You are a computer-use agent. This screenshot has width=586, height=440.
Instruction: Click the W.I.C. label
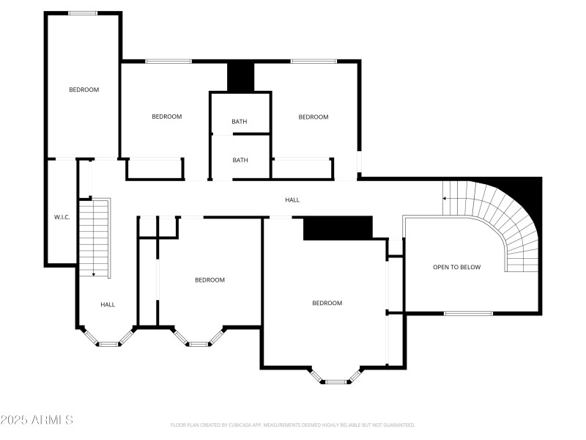pyautogui.click(x=62, y=217)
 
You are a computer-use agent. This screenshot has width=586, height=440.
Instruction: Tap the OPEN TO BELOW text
pyautogui.click(x=456, y=267)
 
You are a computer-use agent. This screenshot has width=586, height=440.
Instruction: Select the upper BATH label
pyautogui.click(x=240, y=122)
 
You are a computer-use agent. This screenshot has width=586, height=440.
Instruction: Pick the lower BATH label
pyautogui.click(x=240, y=160)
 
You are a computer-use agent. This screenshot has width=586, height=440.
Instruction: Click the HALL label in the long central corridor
pyautogui.click(x=292, y=200)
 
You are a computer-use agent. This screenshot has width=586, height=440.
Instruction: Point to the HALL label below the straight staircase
pyautogui.click(x=108, y=304)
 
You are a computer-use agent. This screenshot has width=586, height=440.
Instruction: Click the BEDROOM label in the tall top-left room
pyautogui.click(x=84, y=89)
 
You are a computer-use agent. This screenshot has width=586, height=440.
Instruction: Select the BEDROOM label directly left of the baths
pyautogui.click(x=166, y=117)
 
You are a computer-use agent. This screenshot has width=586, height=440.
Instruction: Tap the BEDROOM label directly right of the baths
pyautogui.click(x=313, y=117)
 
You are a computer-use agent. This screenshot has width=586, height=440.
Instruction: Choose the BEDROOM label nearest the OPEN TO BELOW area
pyautogui.click(x=327, y=303)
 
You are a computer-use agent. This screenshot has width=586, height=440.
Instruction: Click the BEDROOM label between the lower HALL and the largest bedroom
pyautogui.click(x=209, y=279)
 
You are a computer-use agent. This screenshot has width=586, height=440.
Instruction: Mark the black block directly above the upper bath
pyautogui.click(x=240, y=77)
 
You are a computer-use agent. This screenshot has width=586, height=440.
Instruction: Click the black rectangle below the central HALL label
pyautogui.click(x=338, y=228)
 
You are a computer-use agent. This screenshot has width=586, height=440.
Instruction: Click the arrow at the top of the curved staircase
pyautogui.click(x=445, y=198)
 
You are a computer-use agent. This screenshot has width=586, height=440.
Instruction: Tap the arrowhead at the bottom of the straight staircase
pyautogui.click(x=93, y=274)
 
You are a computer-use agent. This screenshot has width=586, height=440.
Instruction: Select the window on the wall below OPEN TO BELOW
pyautogui.click(x=469, y=313)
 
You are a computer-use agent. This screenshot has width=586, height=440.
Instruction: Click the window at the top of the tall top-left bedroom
pyautogui.click(x=83, y=12)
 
